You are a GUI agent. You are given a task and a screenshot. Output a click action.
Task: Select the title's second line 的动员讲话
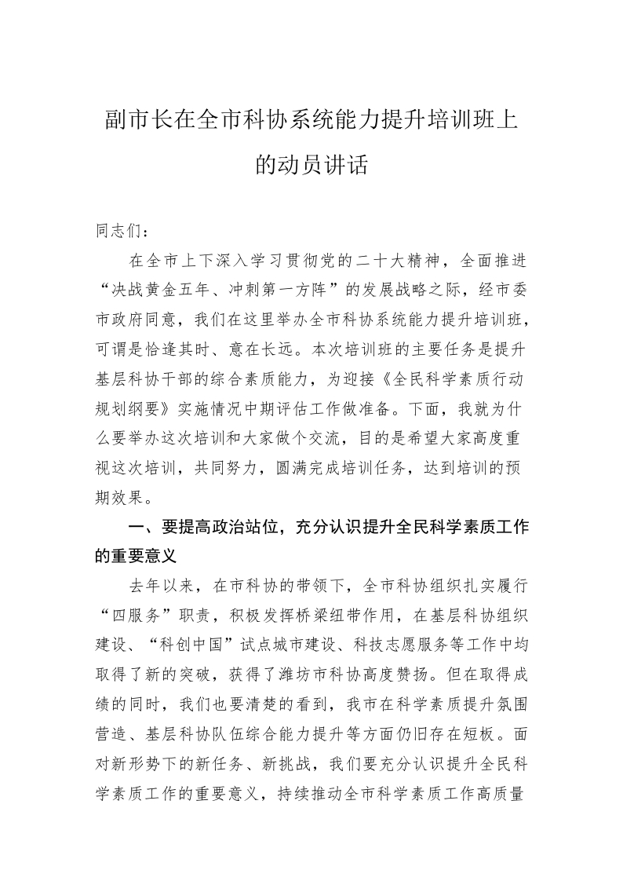[311, 165]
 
